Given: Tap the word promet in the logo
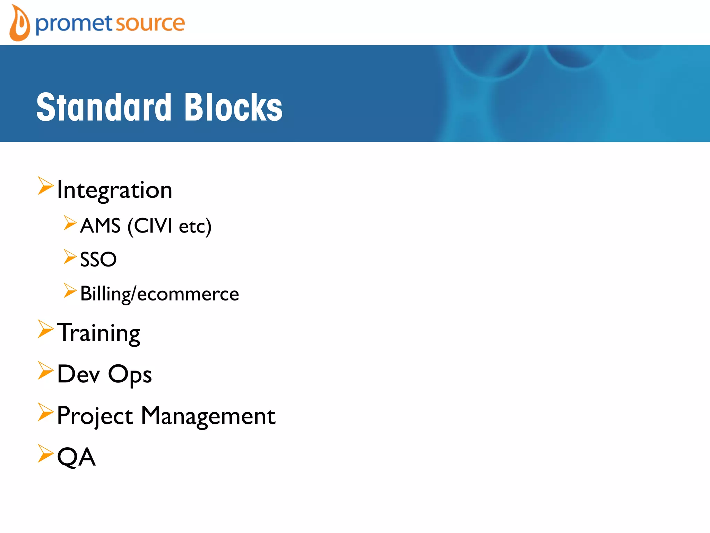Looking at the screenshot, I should point(74,24).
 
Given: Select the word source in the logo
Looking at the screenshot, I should point(150,24).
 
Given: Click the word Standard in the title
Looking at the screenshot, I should point(104,107).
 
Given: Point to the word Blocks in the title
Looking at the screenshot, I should point(233,107).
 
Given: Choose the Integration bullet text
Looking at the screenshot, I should point(114,190).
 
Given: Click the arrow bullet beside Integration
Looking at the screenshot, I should point(45,186).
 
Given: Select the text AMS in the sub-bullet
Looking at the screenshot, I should point(100,226).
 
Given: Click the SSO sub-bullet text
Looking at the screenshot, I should point(98,259).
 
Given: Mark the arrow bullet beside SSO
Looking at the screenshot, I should point(70,257).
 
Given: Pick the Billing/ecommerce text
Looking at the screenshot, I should point(159,294).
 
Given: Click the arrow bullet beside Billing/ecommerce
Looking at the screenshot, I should point(70,290).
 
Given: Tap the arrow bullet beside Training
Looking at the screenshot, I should point(45,329).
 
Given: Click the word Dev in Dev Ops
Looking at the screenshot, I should point(79,374).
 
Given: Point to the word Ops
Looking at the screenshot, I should point(130,375).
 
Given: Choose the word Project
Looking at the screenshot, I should point(95,416).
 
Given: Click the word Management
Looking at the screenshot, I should point(208,416).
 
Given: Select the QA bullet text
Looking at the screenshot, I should point(76,457).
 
